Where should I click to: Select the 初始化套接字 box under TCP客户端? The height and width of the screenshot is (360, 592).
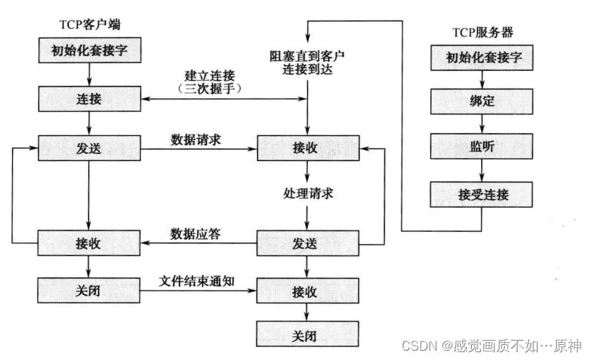(87, 52)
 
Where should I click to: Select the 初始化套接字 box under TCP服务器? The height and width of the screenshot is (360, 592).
(481, 58)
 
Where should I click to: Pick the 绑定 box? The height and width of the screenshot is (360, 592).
(481, 102)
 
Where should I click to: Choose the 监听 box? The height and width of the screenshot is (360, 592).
(481, 147)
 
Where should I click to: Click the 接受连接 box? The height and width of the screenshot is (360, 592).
(481, 193)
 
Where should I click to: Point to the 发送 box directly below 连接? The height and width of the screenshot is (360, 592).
(87, 149)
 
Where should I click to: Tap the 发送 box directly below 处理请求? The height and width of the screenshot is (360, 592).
(307, 243)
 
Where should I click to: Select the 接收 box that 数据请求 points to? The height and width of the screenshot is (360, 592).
(307, 149)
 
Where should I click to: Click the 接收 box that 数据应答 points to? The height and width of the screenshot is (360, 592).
(87, 243)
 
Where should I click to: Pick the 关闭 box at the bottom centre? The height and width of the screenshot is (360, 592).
(307, 335)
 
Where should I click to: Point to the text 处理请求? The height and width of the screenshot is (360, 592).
(307, 194)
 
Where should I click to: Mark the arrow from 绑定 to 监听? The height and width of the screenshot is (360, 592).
(481, 125)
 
